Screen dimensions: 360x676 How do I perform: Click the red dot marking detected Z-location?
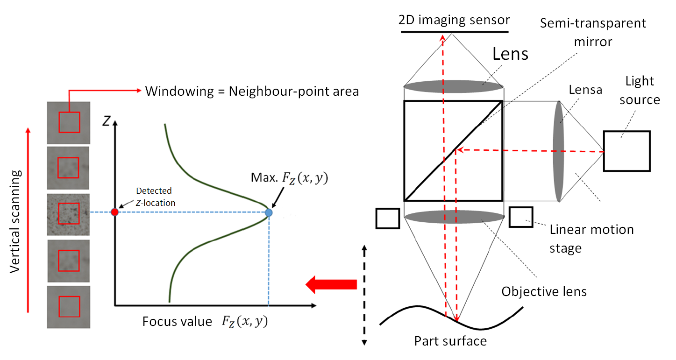tap(114, 212)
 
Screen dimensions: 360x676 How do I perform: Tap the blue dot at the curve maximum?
tap(269, 212)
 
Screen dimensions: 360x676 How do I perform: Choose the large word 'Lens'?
tap(510, 54)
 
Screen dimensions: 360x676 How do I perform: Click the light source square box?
tap(626, 151)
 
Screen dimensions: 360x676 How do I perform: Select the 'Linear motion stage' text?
tap(591, 239)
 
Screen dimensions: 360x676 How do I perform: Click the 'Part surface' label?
tap(450, 341)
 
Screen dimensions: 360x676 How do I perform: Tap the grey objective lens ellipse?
tap(454, 217)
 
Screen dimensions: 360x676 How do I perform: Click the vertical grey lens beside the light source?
tap(559, 151)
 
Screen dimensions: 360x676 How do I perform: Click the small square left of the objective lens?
tap(388, 219)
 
